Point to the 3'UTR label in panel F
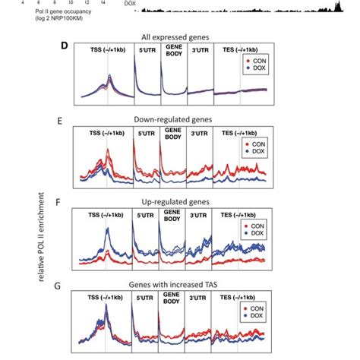point(201,219)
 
